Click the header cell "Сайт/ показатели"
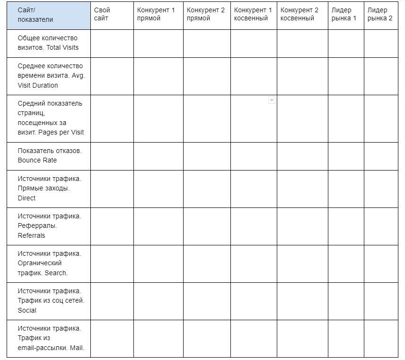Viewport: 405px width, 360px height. pos(35,15)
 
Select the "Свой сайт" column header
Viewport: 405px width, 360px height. pos(102,14)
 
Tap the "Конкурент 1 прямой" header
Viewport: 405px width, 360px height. pos(156,14)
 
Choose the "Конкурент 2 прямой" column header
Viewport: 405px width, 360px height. pos(206,14)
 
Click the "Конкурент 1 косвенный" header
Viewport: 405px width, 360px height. pos(253,14)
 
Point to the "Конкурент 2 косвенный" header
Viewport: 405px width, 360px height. pos(299,14)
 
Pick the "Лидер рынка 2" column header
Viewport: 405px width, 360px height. pos(380,14)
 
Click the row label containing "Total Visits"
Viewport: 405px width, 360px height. pos(48,43)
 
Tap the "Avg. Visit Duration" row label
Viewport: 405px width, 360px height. pos(50,76)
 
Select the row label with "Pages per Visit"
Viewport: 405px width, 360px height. pos(50,118)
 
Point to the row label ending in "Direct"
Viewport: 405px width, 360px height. pos(49,188)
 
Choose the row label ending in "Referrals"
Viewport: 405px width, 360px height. pos(49,225)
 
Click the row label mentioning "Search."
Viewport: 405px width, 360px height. pos(49,263)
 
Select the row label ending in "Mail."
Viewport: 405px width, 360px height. pos(50,338)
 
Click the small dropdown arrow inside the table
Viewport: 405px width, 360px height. pos(272,100)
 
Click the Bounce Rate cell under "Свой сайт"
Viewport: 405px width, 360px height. pos(112,156)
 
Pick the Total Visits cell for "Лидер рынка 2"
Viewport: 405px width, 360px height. pos(381,44)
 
